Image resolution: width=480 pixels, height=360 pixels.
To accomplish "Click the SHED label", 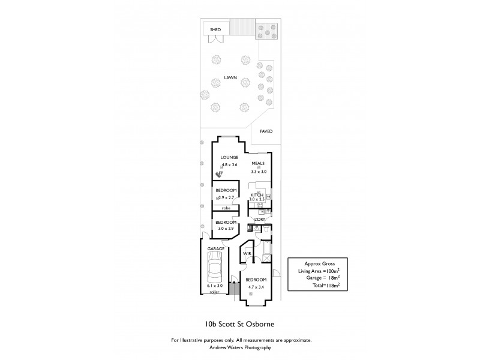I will tap(215, 29).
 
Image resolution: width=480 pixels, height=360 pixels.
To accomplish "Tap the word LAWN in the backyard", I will tap(230, 78).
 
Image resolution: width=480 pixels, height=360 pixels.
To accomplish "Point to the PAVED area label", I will tap(266, 131).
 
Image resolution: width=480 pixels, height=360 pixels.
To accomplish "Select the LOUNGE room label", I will tap(230, 157).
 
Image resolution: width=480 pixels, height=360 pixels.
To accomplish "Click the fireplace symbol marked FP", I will tap(220, 173).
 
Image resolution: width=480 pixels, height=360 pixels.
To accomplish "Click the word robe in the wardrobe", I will tap(226, 208).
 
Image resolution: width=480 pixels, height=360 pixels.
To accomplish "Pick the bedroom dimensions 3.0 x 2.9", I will tap(226, 229).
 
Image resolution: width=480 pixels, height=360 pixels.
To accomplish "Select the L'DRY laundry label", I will tap(259, 219).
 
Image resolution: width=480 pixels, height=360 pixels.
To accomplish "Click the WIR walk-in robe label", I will tap(247, 254).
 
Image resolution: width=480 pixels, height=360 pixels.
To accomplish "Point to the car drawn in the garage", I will tap(215, 269).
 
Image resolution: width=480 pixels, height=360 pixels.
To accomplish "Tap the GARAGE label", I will tap(216, 248).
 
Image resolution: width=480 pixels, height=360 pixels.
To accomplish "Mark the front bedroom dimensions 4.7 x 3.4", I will tap(256, 287).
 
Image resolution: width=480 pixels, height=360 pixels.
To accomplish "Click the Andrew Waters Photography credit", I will tap(240, 347).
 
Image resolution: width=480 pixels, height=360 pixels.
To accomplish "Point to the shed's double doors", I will tap(214, 39).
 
